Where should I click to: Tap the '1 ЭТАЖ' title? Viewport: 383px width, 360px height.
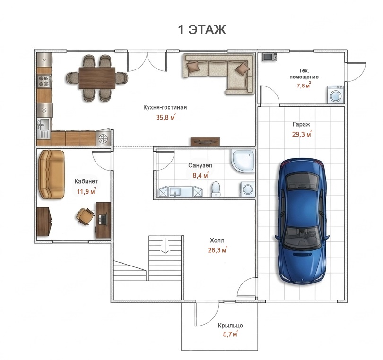(x=202, y=30)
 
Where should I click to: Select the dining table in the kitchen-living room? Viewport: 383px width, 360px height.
(x=97, y=78)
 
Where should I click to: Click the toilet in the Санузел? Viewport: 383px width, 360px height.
(x=216, y=189)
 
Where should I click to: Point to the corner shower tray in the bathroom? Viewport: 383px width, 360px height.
(x=243, y=161)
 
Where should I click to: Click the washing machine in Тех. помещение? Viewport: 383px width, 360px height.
(x=335, y=94)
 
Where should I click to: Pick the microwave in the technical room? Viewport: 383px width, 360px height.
(x=270, y=57)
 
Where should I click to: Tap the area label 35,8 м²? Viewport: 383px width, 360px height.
(x=166, y=117)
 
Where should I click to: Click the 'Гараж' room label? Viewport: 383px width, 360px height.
(x=301, y=124)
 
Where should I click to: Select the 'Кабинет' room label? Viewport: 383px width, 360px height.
(x=86, y=181)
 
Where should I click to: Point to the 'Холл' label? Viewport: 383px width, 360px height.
(x=217, y=240)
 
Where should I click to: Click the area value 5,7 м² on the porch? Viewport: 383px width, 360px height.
(x=230, y=334)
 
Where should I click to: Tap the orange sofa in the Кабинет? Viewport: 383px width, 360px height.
(x=52, y=174)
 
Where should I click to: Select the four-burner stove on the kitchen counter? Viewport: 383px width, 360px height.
(x=44, y=81)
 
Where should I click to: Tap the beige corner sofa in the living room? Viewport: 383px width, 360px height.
(x=218, y=74)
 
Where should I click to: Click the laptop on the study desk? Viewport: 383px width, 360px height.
(x=103, y=219)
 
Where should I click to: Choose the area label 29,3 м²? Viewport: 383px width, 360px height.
(x=302, y=134)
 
